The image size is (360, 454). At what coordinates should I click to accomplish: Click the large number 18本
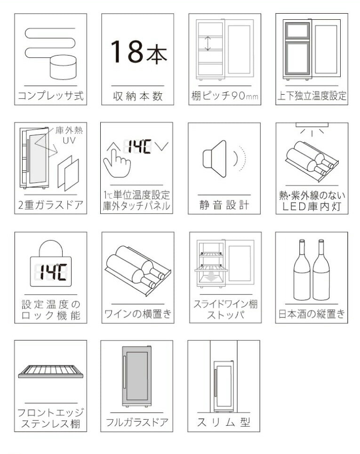[138, 51]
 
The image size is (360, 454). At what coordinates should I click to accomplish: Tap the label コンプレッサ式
[50, 96]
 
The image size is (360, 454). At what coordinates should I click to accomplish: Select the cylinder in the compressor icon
[63, 66]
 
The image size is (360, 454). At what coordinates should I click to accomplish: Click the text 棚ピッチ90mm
[225, 97]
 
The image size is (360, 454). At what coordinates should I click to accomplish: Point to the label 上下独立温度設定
[312, 97]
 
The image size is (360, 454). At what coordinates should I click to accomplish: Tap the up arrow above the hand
[111, 147]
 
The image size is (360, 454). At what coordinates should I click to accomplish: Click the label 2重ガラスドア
[50, 205]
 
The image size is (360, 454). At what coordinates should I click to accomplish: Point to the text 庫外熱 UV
[65, 135]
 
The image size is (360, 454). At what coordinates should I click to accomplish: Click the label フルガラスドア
[137, 422]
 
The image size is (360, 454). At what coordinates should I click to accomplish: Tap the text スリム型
[224, 422]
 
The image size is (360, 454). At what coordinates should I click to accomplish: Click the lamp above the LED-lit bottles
[311, 125]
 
